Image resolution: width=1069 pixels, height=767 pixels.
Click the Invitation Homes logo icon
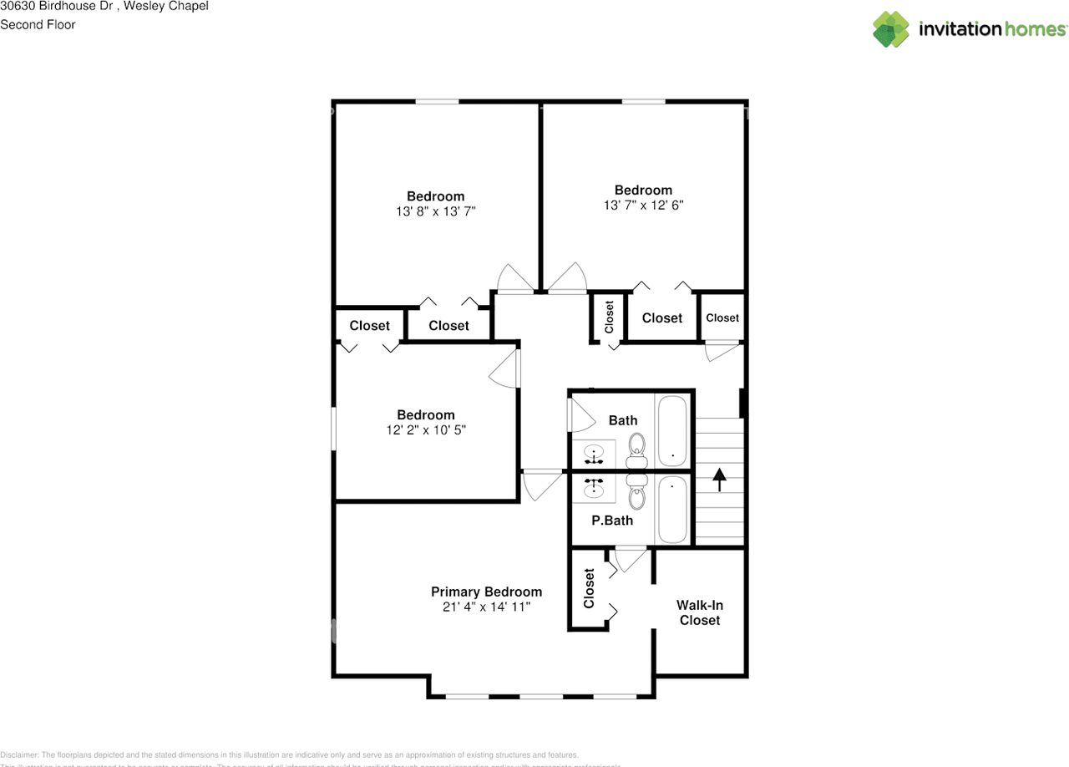click(x=891, y=29)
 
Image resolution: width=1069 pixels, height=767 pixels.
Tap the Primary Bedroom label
click(x=486, y=592)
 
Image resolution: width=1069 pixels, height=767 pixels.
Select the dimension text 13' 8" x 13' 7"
click(x=436, y=212)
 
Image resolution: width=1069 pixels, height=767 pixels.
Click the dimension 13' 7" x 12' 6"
click(x=643, y=206)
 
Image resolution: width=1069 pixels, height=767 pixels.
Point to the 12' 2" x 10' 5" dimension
click(x=425, y=430)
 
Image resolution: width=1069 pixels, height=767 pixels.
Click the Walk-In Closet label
click(x=699, y=612)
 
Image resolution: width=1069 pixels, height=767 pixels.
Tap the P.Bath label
click(x=612, y=521)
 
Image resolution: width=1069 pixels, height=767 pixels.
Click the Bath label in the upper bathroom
click(x=622, y=420)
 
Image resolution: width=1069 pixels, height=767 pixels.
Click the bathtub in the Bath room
click(x=672, y=431)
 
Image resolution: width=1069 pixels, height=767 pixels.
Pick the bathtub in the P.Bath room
click(x=672, y=509)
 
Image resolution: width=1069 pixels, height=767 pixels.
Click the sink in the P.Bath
click(x=594, y=486)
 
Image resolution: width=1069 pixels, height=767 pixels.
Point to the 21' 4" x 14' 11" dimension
click(x=486, y=607)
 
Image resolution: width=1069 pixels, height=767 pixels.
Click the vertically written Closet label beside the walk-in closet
click(x=589, y=588)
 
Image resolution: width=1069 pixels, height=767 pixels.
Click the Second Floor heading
click(x=38, y=25)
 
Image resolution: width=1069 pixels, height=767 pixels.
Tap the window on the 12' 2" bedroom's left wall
click(x=333, y=429)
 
